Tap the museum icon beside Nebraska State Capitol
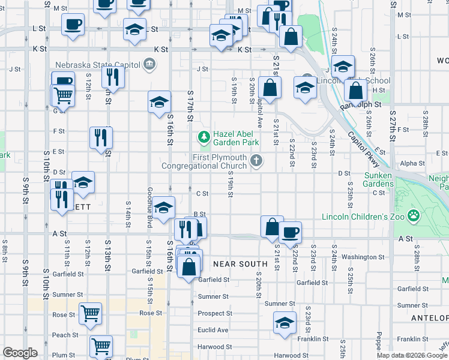(x=148, y=64)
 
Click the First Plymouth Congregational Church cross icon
(x=256, y=160)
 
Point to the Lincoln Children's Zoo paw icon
(x=414, y=215)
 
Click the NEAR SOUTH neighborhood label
(x=241, y=264)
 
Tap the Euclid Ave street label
(x=213, y=330)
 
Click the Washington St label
(x=363, y=257)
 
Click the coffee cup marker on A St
(x=290, y=232)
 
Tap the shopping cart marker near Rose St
(x=90, y=313)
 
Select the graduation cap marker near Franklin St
(x=285, y=322)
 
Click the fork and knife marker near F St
(x=101, y=137)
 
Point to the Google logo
(x=20, y=353)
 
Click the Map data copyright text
(x=412, y=355)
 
